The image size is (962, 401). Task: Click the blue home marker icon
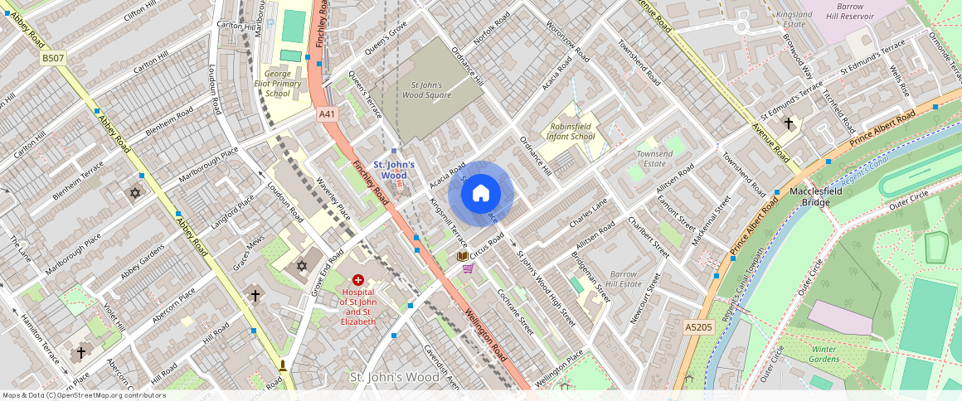[x=481, y=194]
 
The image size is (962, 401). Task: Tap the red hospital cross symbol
[x=358, y=281]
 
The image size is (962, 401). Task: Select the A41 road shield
[x=328, y=115]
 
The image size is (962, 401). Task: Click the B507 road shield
[x=52, y=58]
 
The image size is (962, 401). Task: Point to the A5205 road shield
[x=698, y=328]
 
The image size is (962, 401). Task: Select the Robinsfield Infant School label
[x=571, y=131]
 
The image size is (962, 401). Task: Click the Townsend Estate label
[x=654, y=159]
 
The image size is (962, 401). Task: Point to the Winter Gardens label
[x=824, y=353]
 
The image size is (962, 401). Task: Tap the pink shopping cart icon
[x=468, y=268]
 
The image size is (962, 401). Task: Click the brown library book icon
[x=462, y=256]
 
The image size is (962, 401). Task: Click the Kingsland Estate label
[x=794, y=19]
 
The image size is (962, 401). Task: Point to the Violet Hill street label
[x=114, y=314]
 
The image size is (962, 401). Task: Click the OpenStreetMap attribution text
[x=83, y=395]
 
